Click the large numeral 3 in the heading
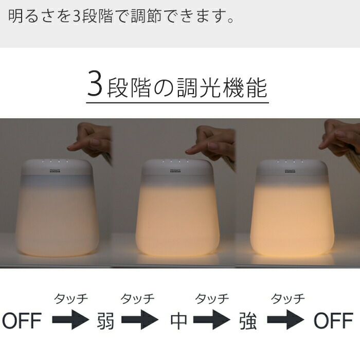94,83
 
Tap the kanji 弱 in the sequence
105,320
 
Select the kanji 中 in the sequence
178,320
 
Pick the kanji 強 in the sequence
248,320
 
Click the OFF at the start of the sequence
22,320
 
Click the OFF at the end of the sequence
333,320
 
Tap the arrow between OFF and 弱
70,319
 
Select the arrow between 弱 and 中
140,319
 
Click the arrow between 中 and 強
212,319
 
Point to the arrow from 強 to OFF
285,319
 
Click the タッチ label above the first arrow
71,298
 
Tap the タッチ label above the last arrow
288,298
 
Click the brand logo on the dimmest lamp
55,171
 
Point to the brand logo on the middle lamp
175,171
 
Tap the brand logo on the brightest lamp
290,171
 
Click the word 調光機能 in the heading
222,87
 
